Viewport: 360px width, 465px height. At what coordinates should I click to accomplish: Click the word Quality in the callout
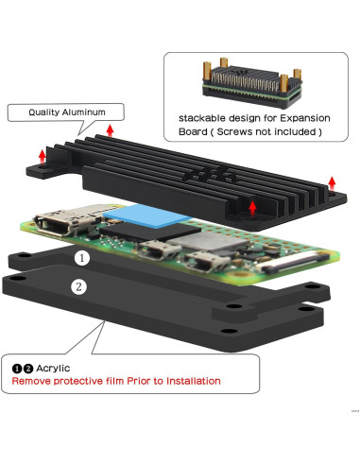pos(44,112)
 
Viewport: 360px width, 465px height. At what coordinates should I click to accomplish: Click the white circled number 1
pos(83,257)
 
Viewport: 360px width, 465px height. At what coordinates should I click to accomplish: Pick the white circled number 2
pos(77,284)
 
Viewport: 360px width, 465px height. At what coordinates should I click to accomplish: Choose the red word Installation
pos(192,381)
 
